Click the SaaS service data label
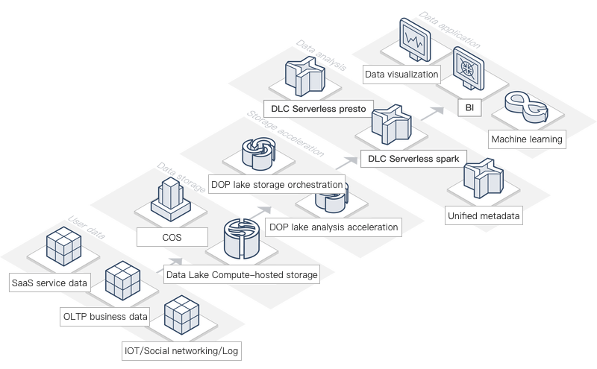50,283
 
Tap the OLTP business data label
104,317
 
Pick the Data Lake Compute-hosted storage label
242,275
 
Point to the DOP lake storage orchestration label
278,184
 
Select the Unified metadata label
482,217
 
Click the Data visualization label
401,75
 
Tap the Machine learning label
526,139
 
